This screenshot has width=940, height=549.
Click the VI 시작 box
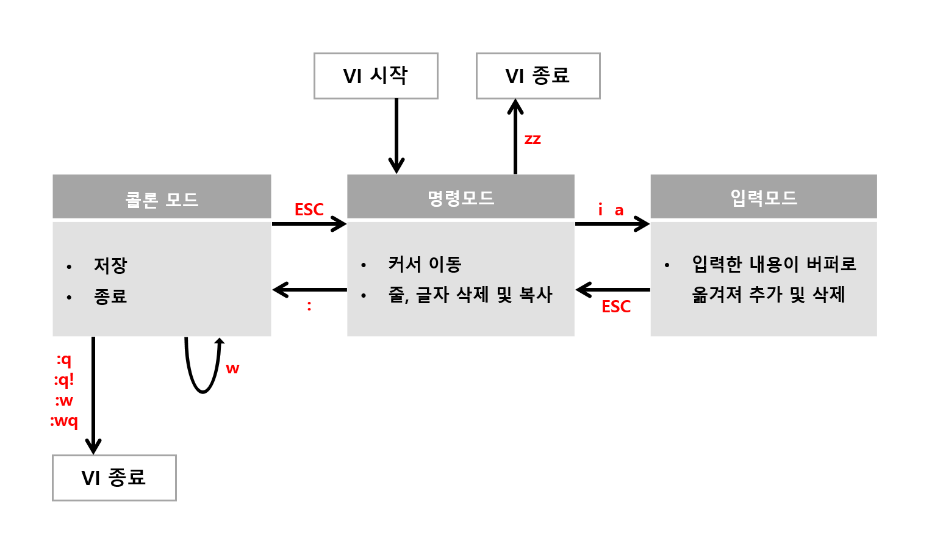pos(376,76)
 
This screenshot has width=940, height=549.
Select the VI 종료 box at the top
pos(537,76)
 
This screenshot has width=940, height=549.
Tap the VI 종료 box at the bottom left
pos(114,478)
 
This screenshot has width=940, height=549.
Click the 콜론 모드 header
pos(162,196)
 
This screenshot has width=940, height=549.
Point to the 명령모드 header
pos(461,196)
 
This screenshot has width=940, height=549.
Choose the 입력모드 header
pos(763,196)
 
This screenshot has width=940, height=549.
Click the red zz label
pos(533,139)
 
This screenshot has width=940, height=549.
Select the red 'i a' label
pos(610,210)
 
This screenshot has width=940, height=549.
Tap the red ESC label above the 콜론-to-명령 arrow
pos(309,210)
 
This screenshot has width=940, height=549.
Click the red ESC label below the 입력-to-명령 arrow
pos(615,307)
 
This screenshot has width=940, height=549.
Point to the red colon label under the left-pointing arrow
pos(309,306)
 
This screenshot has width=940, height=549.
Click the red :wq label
pos(64,422)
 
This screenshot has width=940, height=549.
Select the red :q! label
pos(64,380)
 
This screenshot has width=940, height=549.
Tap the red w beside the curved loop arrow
pos(232,368)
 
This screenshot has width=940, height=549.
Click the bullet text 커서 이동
pos(425,264)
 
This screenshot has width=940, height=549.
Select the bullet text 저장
pos(110,265)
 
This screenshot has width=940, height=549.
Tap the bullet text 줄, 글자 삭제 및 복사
pos(470,295)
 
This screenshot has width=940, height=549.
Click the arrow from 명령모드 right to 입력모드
pos(612,224)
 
